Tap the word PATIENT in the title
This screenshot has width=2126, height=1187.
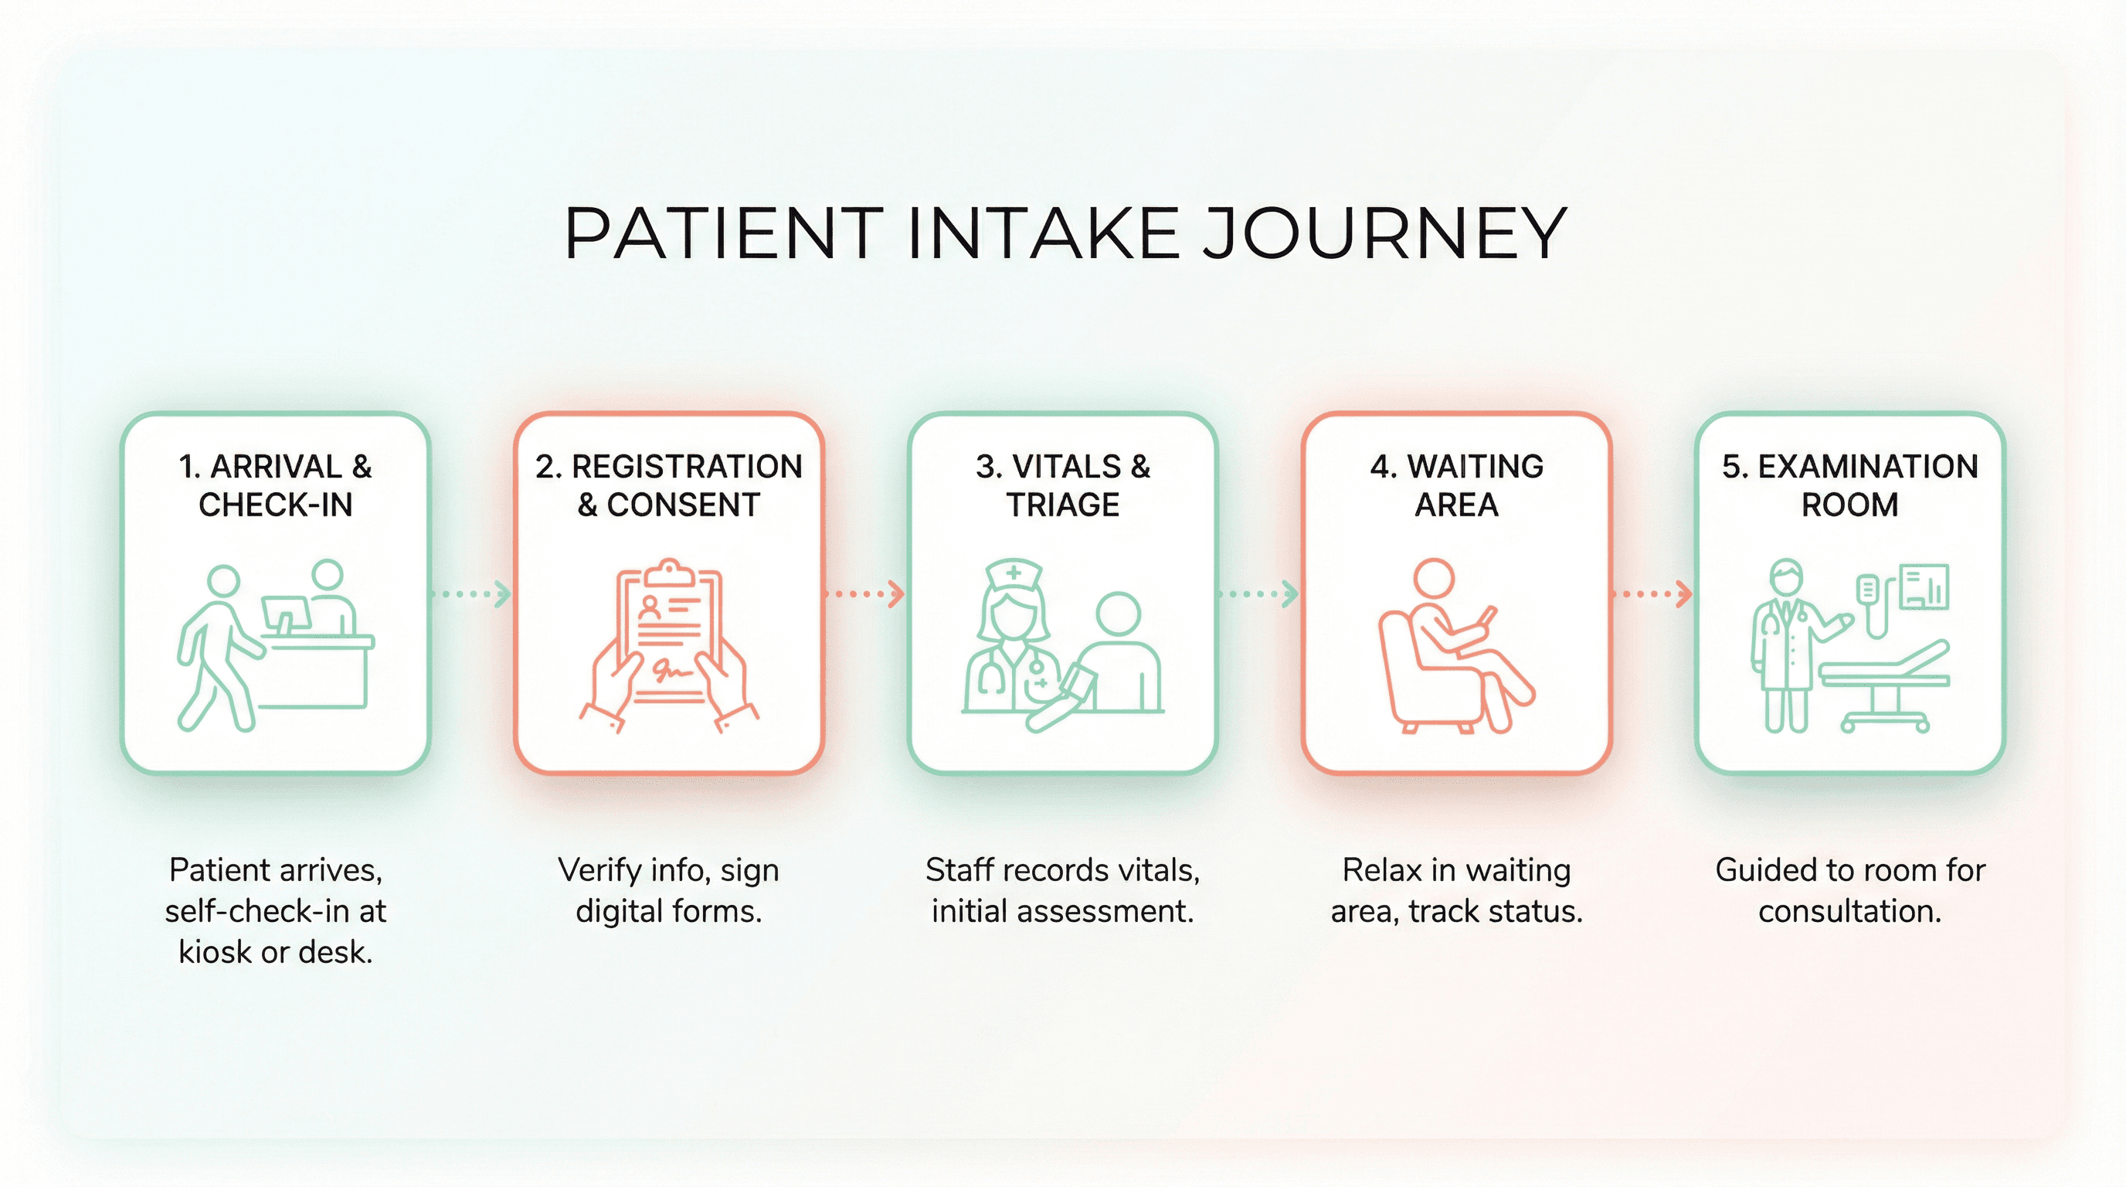723,233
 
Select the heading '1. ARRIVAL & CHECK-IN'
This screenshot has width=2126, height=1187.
276,485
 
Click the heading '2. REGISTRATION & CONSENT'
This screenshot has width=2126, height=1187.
668,485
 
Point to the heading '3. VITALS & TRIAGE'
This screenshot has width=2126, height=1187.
1063,485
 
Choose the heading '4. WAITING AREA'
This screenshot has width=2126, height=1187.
1457,485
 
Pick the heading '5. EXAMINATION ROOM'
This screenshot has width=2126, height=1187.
1849,485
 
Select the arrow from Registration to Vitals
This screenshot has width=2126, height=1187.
866,593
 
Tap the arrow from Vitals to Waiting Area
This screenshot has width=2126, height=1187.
1259,593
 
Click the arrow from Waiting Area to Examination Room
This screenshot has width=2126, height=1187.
1653,593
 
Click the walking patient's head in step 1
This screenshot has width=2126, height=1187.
222,581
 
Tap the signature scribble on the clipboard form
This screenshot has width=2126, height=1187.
670,670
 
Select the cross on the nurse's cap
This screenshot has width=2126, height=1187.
1014,573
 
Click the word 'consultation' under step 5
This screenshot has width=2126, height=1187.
1849,911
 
